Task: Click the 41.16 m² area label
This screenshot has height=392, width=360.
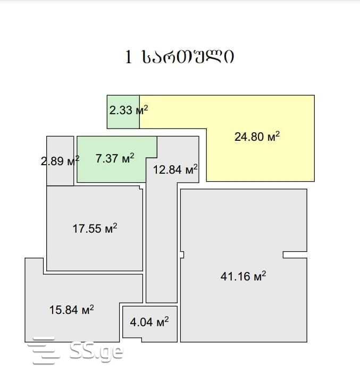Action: (x=243, y=276)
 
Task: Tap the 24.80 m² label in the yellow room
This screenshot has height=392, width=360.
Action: (x=257, y=137)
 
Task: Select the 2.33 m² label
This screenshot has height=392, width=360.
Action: (x=129, y=110)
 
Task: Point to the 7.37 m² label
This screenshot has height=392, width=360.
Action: (x=115, y=158)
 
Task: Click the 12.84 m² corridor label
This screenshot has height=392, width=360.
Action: (x=175, y=169)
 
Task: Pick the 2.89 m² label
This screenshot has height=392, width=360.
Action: (x=60, y=161)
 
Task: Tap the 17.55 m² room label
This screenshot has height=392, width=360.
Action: (x=95, y=228)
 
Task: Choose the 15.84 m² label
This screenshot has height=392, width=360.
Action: (x=72, y=310)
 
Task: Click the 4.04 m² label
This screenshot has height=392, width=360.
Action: (x=149, y=322)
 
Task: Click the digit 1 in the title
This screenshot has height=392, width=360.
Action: (x=129, y=57)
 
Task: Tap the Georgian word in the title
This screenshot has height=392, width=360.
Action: (x=188, y=57)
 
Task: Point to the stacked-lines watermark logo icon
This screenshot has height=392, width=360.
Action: (x=43, y=350)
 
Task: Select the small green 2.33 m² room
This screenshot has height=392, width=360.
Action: (x=123, y=112)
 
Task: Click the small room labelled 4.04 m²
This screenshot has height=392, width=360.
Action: (x=150, y=324)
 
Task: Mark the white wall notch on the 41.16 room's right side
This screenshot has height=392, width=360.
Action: (x=295, y=254)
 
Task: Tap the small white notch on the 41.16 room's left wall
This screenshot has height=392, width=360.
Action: (x=182, y=254)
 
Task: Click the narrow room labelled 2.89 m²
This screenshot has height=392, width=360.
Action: (x=60, y=161)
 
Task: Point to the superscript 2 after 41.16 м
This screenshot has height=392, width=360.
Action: (x=264, y=273)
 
